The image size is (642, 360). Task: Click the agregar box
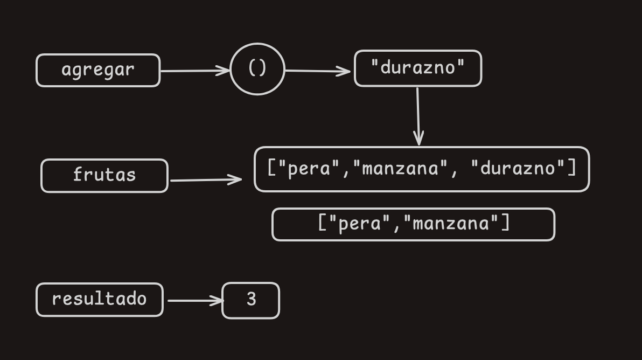(x=98, y=70)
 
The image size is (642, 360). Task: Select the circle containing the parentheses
(x=257, y=69)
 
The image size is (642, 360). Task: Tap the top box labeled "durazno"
(x=417, y=68)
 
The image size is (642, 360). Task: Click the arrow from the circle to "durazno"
(x=318, y=71)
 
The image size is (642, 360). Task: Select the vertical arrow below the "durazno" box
(x=418, y=116)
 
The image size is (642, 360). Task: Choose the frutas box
(x=104, y=175)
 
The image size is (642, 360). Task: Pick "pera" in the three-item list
(x=309, y=169)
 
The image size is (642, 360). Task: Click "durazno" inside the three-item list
(x=518, y=169)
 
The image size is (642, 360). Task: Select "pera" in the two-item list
(x=359, y=223)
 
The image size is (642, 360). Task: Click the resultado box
(x=99, y=299)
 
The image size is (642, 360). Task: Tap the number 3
(x=251, y=300)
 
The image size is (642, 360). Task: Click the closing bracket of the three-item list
(x=572, y=169)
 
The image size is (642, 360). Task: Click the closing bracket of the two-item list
(x=505, y=223)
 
